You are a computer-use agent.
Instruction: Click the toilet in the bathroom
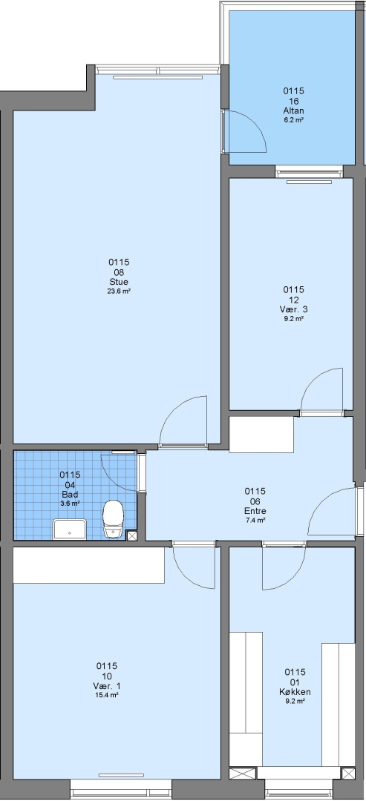(x=114, y=519)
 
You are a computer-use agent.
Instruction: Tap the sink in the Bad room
(x=70, y=529)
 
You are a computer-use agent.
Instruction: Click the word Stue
(x=119, y=282)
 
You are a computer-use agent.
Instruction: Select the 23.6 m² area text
(x=119, y=291)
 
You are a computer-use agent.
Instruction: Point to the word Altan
(x=294, y=111)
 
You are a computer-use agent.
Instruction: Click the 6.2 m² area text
(x=294, y=120)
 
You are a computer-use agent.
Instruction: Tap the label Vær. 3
(x=294, y=309)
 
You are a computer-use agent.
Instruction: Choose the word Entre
(x=255, y=511)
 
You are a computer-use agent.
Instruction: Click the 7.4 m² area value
(x=255, y=521)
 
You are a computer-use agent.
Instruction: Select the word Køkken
(x=295, y=692)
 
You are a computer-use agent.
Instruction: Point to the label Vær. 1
(x=107, y=685)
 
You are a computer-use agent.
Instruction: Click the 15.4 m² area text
(x=107, y=695)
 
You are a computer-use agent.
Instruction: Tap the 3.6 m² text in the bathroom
(x=71, y=503)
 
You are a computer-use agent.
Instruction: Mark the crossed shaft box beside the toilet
(x=132, y=535)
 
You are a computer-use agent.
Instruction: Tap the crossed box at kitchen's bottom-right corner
(x=348, y=774)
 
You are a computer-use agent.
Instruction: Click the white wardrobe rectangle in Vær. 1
(x=89, y=565)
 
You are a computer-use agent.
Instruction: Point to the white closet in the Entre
(x=261, y=435)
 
